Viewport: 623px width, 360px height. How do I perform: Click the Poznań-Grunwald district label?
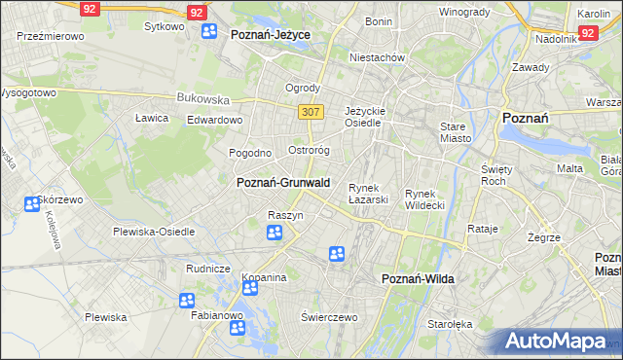(x=283, y=182)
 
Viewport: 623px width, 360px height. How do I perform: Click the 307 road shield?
(x=311, y=112)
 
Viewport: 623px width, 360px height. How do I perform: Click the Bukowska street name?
(x=202, y=98)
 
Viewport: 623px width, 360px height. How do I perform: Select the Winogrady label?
(x=463, y=12)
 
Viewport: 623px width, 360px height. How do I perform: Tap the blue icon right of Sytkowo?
(x=209, y=31)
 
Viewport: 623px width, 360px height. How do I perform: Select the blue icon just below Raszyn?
(x=275, y=233)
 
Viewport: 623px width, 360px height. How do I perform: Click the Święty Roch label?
(x=496, y=175)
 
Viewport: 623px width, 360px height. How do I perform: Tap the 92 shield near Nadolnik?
(x=587, y=32)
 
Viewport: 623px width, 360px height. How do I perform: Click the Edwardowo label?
(x=214, y=120)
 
